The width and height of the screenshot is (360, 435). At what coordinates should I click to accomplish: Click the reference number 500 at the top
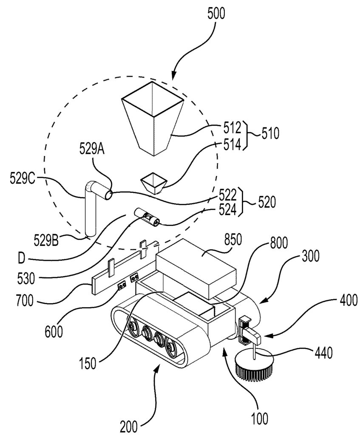(x=216, y=13)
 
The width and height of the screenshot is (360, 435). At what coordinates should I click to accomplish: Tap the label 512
(x=232, y=128)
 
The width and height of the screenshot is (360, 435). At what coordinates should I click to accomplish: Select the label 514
(x=232, y=144)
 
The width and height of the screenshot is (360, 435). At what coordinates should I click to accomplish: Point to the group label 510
(x=270, y=133)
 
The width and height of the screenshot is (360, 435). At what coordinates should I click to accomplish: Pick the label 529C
(x=23, y=178)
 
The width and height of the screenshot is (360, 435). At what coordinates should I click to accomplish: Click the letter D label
(x=21, y=259)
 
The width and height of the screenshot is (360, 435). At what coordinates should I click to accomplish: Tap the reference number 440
(x=323, y=353)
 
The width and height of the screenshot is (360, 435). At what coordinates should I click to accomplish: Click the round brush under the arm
(x=255, y=363)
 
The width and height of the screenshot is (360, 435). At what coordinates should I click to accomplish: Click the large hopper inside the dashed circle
(x=153, y=118)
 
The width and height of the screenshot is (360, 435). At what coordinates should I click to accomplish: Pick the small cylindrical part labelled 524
(x=147, y=217)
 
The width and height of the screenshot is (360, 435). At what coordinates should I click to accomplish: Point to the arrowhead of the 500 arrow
(x=173, y=76)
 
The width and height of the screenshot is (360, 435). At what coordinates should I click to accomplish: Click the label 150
(x=88, y=363)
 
